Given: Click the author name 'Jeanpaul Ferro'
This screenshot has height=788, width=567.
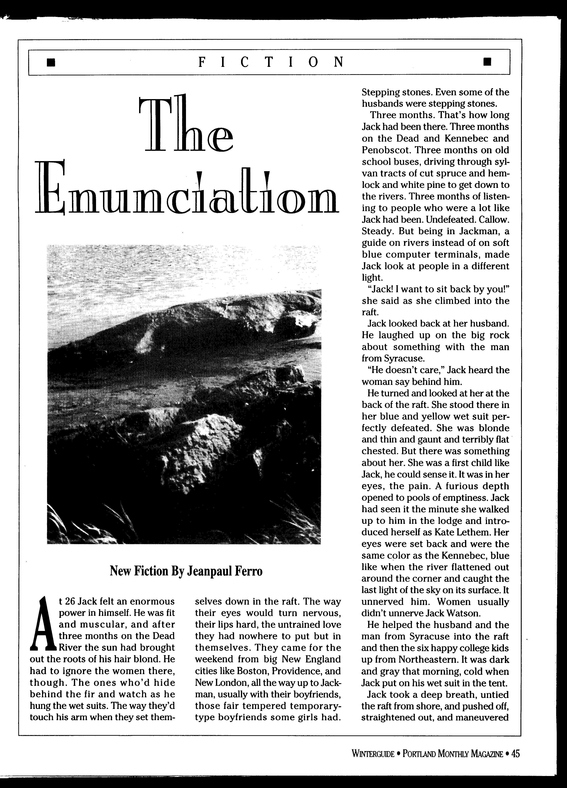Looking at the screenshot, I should point(225,571).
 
